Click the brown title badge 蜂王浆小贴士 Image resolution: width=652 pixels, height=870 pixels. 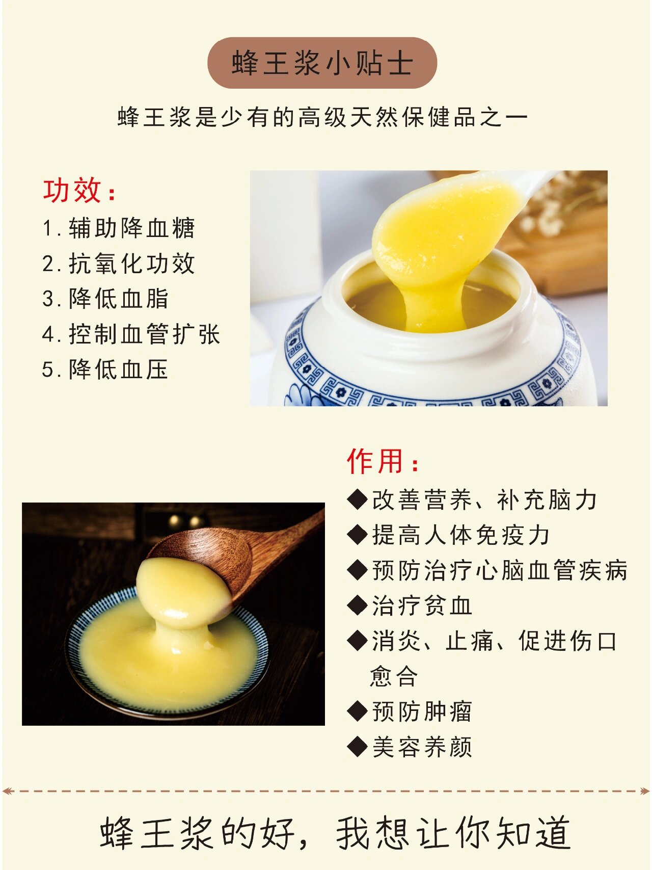coord(322,63)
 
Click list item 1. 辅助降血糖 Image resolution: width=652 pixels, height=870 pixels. coord(119,228)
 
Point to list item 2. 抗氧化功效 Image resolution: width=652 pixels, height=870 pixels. coord(119,263)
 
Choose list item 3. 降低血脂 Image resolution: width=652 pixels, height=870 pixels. coord(105,299)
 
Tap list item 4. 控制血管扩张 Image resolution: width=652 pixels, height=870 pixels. coord(131,334)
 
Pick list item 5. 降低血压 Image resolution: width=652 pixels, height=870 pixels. coord(105,370)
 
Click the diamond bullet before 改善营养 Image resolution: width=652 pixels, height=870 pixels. coord(357,499)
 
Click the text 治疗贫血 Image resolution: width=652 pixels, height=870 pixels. coord(422,606)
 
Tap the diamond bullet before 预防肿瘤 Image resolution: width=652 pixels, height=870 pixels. coord(357,711)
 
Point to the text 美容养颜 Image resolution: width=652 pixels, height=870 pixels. coord(422,747)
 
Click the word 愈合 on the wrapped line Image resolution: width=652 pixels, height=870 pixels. coord(394,676)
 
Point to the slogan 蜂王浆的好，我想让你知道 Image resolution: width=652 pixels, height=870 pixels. coord(335,833)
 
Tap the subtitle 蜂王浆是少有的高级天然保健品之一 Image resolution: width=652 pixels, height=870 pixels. coord(322,117)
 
